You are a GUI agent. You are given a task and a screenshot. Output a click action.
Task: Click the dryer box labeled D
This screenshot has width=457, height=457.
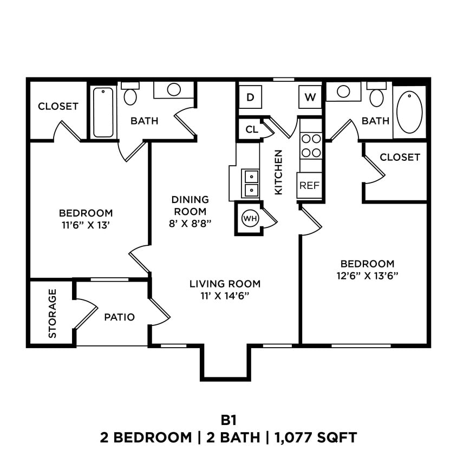point(250,97)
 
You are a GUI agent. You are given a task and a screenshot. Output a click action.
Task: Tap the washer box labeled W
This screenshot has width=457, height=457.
point(310,97)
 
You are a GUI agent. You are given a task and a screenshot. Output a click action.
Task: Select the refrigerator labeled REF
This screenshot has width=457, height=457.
point(309,185)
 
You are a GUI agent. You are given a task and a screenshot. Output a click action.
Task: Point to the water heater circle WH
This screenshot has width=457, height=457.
point(249,218)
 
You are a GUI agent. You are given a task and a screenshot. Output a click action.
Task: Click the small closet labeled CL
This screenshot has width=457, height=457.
point(251,129)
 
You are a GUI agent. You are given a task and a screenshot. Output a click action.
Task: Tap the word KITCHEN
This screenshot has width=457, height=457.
point(278,172)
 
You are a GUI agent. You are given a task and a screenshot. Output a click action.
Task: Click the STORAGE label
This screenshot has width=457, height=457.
point(53,314)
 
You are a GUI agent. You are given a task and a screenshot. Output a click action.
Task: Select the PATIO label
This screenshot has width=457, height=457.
point(119,317)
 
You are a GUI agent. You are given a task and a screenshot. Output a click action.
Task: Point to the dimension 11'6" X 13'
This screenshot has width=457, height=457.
point(86,224)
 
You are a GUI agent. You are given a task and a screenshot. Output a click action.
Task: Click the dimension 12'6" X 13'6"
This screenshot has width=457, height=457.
point(367,275)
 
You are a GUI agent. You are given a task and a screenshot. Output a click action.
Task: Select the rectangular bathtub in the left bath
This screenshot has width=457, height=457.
point(103,112)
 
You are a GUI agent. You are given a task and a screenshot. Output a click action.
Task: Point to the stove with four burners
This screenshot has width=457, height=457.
point(311,145)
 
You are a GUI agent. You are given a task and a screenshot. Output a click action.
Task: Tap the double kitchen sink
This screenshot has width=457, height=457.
point(251,183)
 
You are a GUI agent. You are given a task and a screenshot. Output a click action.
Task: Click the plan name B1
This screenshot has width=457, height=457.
point(228,420)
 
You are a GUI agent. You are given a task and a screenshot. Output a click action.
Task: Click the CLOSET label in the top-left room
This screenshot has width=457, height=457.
point(58,107)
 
